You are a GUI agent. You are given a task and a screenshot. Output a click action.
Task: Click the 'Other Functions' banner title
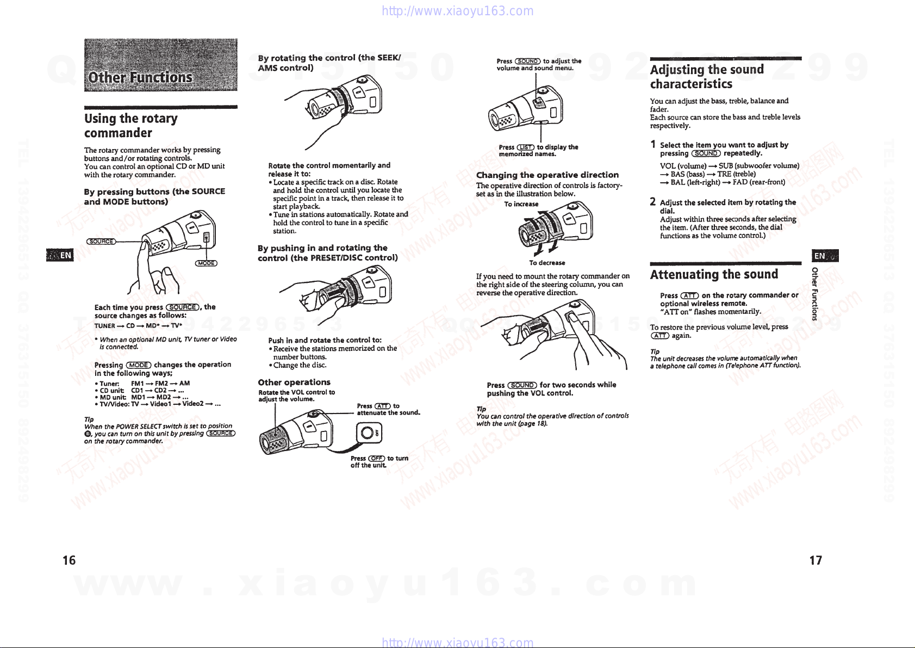[x=140, y=77]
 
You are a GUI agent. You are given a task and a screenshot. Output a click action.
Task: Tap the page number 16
[x=69, y=560]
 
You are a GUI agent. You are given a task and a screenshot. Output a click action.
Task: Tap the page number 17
[x=816, y=560]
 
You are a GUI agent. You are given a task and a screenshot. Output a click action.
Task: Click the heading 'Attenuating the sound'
[x=714, y=274]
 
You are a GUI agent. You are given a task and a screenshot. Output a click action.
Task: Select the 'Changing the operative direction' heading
[x=547, y=175]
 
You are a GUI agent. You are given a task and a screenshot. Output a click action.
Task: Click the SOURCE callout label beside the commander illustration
[x=101, y=242]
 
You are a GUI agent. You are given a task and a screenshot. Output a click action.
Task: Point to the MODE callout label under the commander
[x=206, y=263]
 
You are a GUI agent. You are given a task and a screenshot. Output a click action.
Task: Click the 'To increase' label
[x=521, y=204]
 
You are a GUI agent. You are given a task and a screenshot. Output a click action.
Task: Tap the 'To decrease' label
[x=547, y=263]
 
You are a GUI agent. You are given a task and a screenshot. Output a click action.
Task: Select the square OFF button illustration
[x=369, y=433]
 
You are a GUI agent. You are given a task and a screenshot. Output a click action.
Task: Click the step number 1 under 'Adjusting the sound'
[x=653, y=144]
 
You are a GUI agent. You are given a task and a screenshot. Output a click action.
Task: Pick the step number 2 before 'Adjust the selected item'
[x=653, y=201]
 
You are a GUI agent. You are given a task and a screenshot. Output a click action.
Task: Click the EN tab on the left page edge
[x=60, y=255]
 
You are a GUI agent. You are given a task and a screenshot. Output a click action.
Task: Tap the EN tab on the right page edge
[x=825, y=256]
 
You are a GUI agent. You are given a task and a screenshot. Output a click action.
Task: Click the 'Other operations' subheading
[x=294, y=382]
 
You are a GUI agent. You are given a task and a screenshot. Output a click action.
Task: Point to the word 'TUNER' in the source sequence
[x=104, y=326]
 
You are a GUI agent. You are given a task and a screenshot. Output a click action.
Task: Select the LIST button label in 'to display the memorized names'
[x=525, y=147]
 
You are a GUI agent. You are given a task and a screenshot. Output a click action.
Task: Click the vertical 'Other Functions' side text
[x=815, y=294]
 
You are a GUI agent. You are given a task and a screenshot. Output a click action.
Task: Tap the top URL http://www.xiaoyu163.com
[x=458, y=11]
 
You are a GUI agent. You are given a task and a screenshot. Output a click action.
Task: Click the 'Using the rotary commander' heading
[x=130, y=126]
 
